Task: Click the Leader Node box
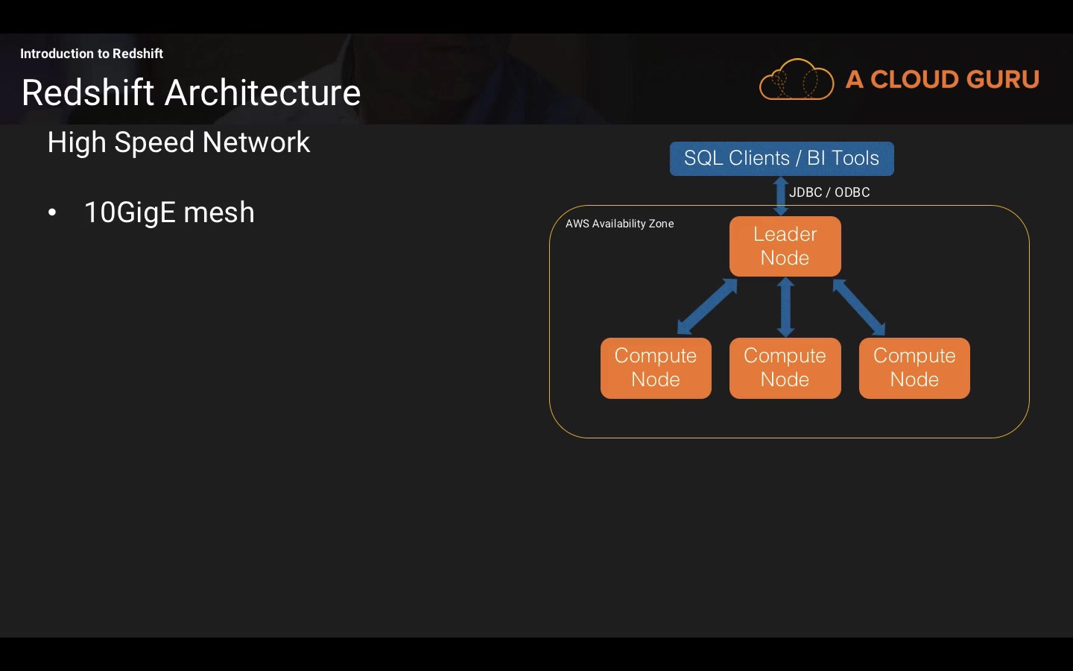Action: click(x=785, y=246)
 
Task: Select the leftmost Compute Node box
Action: click(x=656, y=368)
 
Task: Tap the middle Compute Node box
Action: click(x=785, y=368)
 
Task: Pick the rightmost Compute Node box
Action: click(x=914, y=368)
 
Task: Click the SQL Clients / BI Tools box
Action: click(x=782, y=158)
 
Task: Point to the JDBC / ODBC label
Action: click(x=829, y=192)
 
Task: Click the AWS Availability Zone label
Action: click(x=619, y=224)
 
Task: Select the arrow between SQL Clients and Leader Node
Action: click(x=781, y=196)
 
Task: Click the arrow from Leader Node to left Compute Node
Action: click(x=707, y=306)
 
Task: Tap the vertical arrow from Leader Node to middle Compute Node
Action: click(x=785, y=306)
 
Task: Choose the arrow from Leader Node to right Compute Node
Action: click(x=858, y=306)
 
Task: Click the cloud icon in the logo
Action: click(x=796, y=80)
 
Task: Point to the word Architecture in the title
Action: click(x=262, y=93)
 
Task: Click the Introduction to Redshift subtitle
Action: click(x=92, y=54)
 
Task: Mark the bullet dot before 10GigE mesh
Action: click(x=52, y=213)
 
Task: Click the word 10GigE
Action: click(x=129, y=213)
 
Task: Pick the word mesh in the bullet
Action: click(x=219, y=213)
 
